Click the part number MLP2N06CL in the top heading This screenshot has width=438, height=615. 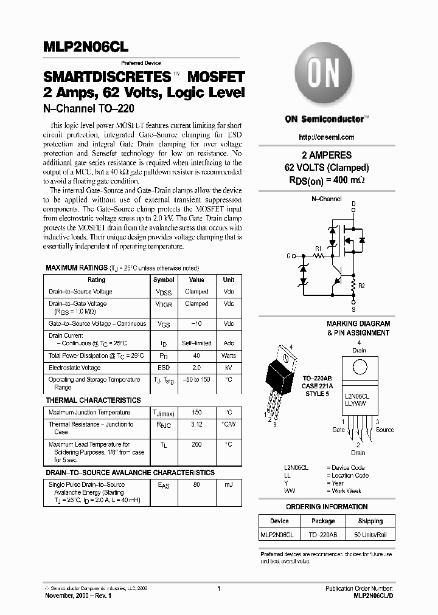85,47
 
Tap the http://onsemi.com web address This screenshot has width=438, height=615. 327,137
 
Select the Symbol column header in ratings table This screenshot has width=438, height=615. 164,280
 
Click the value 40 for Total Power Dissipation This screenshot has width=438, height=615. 196,356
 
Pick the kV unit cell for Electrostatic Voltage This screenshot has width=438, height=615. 228,368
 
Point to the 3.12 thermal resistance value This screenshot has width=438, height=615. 196,425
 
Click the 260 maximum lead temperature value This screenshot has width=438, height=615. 196,444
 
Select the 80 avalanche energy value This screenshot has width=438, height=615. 196,486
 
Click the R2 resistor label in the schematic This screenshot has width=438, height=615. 361,284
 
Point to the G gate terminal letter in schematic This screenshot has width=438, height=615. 288,256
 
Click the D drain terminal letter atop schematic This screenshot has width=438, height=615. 353,204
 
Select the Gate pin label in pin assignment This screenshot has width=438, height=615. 338,430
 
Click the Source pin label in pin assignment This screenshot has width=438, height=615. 384,430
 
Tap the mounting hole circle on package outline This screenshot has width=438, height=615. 360,368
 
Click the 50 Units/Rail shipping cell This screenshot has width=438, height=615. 370,535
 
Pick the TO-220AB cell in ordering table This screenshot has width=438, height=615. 323,535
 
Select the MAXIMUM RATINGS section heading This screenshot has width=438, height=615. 75,268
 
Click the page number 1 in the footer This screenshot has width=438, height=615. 218,588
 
